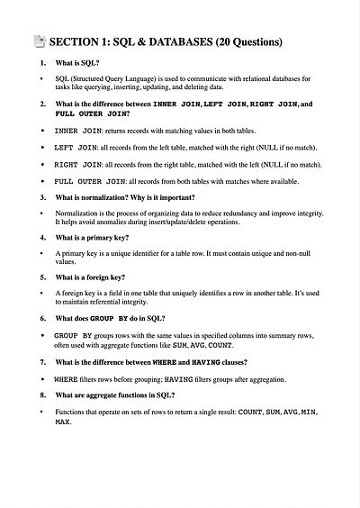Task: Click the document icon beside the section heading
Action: [x=39, y=41]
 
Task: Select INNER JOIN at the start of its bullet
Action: [x=79, y=132]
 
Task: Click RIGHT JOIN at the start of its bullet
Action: [x=79, y=166]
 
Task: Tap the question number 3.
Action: [x=43, y=197]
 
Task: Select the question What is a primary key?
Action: [x=92, y=238]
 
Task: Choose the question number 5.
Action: [x=43, y=277]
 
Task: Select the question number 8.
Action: [x=43, y=395]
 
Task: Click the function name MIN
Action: [x=310, y=412]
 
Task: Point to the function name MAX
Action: [x=63, y=421]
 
